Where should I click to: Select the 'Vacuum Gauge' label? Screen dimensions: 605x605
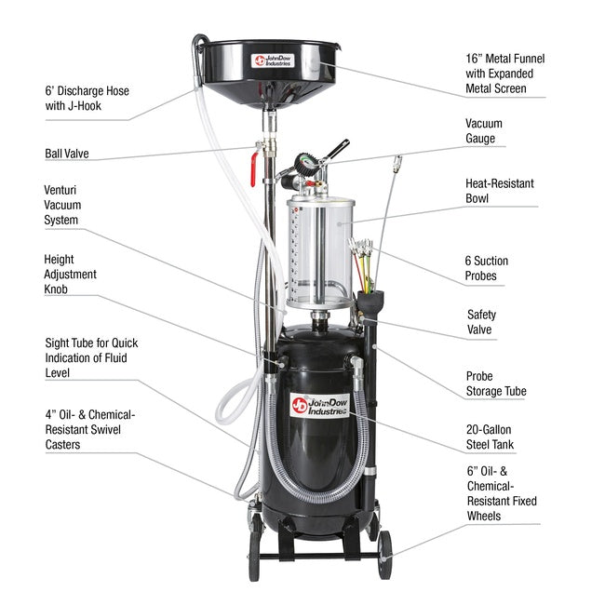[485, 131]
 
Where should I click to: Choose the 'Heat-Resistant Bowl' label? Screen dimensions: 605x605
[500, 191]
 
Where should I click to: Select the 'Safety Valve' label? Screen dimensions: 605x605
[481, 322]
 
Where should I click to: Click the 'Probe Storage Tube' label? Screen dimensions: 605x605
[495, 383]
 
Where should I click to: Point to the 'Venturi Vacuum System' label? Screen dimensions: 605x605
[74, 205]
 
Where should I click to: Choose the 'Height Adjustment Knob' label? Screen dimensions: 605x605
[70, 275]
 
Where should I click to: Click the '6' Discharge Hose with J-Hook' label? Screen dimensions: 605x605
[87, 99]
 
